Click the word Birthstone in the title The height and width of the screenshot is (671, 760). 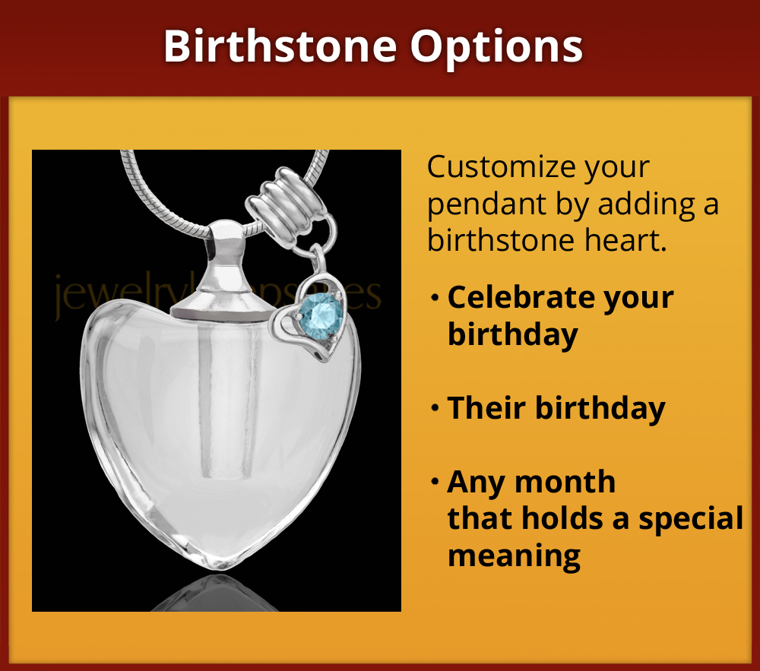coord(280,46)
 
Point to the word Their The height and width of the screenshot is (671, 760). coord(487,409)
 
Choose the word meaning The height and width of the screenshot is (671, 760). coord(514,555)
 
